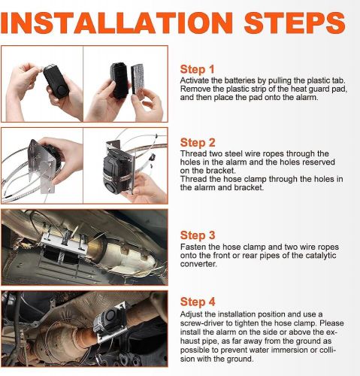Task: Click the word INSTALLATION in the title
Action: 116,23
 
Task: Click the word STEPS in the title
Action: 295,23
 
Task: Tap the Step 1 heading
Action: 198,69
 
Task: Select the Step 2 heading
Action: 198,143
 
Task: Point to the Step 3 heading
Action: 198,235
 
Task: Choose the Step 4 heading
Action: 198,302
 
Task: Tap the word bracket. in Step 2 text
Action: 221,171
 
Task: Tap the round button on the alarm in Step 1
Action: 62,89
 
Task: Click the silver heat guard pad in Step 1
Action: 138,79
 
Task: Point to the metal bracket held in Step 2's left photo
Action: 43,166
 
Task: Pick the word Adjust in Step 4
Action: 192,314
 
